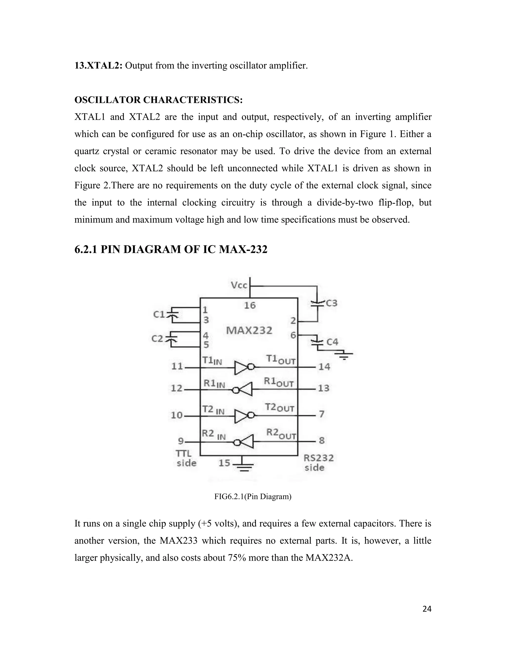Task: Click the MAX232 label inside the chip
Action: pyautogui.click(x=249, y=330)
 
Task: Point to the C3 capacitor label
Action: pyautogui.click(x=331, y=303)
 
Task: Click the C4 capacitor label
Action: pyautogui.click(x=332, y=342)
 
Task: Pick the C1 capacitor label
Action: pyautogui.click(x=159, y=314)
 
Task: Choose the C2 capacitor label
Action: pyautogui.click(x=157, y=339)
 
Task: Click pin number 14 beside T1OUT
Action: pyautogui.click(x=324, y=367)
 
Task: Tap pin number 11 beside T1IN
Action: pyautogui.click(x=177, y=366)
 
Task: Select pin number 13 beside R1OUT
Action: pyautogui.click(x=324, y=388)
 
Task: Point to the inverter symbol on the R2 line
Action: pyautogui.click(x=243, y=442)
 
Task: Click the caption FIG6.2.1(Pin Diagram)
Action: pyautogui.click(x=253, y=497)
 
